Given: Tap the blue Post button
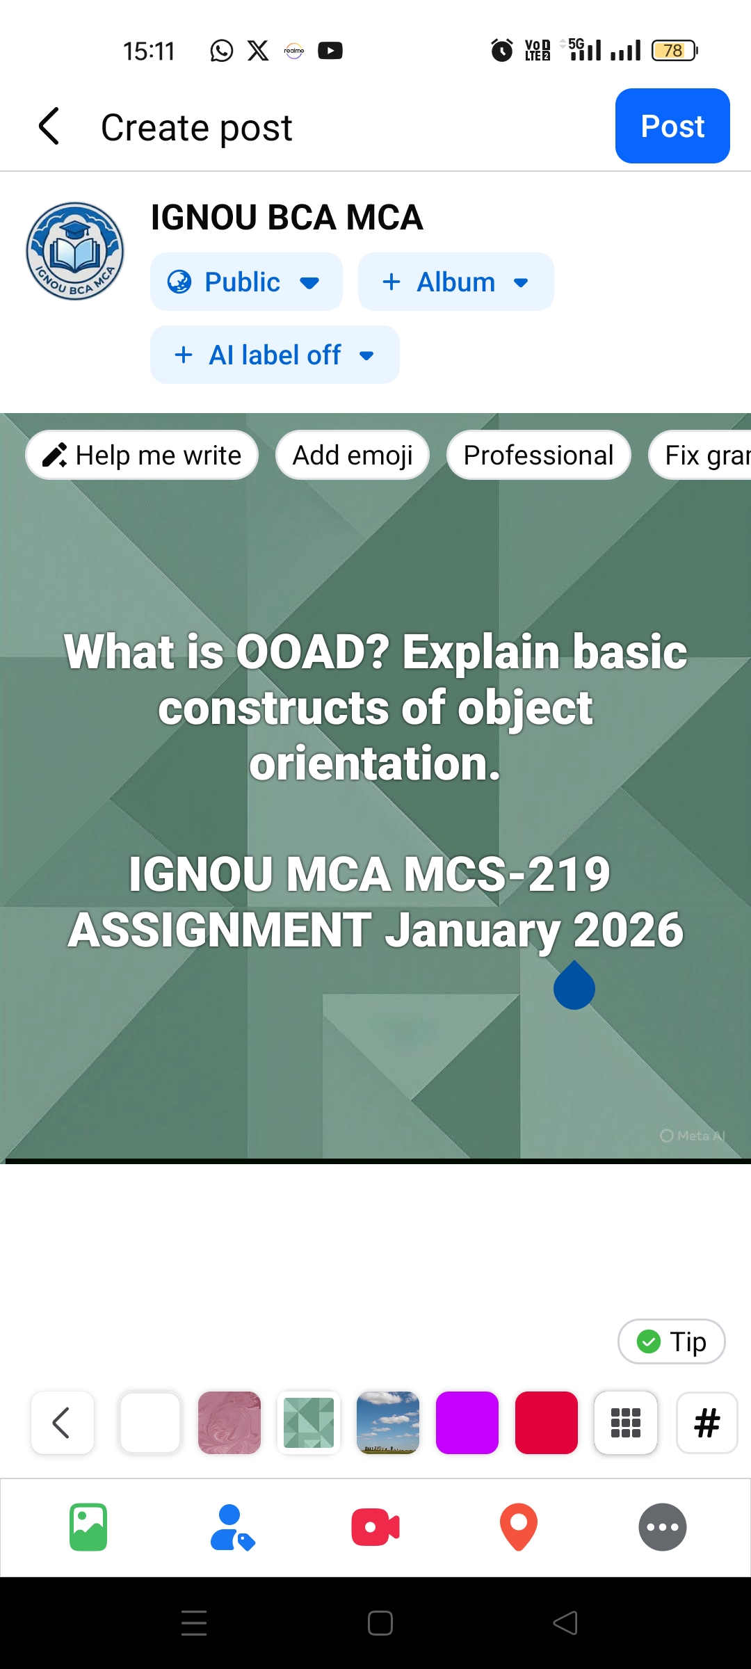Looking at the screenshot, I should click(x=672, y=126).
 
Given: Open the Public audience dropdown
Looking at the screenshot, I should click(x=245, y=282).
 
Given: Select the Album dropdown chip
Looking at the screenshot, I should click(x=455, y=282).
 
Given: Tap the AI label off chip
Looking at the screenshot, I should click(x=275, y=355).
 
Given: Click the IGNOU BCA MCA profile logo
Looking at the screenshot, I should click(x=75, y=251).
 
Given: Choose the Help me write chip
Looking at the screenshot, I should click(x=142, y=455).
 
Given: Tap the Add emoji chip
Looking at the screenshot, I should click(x=353, y=455).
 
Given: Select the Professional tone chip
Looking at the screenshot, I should click(x=538, y=455).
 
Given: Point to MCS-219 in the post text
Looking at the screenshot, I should click(x=507, y=874).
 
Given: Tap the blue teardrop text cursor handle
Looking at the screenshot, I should click(x=574, y=987).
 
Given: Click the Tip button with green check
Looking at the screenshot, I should click(x=671, y=1341).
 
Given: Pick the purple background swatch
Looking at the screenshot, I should click(x=467, y=1422).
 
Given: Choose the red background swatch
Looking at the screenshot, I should click(x=547, y=1422).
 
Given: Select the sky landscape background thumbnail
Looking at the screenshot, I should click(x=388, y=1422).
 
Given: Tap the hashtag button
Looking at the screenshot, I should click(x=706, y=1422).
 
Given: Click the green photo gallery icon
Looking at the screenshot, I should click(x=88, y=1527).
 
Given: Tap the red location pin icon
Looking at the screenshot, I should click(x=519, y=1527).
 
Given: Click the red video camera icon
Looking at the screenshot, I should click(x=375, y=1527).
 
